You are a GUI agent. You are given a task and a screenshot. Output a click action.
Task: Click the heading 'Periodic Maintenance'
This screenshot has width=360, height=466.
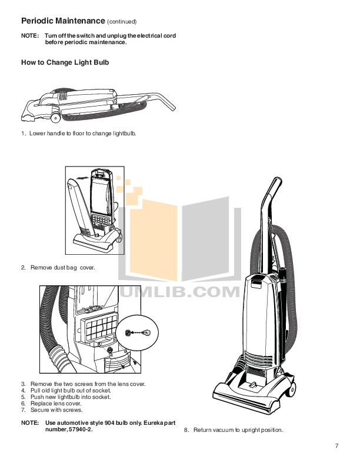pos(62,21)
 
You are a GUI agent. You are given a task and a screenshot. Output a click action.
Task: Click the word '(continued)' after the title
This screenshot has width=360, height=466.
pos(122,22)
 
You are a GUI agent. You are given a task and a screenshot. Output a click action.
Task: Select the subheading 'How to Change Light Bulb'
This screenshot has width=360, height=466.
pos(65,62)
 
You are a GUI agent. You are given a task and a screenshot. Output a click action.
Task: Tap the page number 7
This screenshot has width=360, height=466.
pos(336,445)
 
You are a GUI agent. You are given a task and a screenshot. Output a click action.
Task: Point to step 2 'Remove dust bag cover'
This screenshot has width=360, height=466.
pos(62,268)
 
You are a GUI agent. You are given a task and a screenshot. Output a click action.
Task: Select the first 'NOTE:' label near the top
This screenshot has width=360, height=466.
pos(29,36)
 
